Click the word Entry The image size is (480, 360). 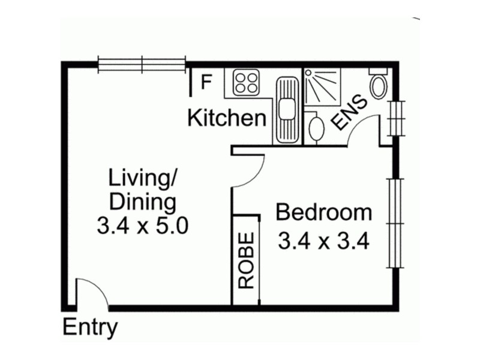(90, 328)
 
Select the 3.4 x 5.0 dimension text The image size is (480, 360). (142, 226)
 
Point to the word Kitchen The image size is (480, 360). (226, 118)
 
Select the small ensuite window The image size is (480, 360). (395, 118)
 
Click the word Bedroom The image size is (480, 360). (323, 212)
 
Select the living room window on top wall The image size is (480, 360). (142, 64)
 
